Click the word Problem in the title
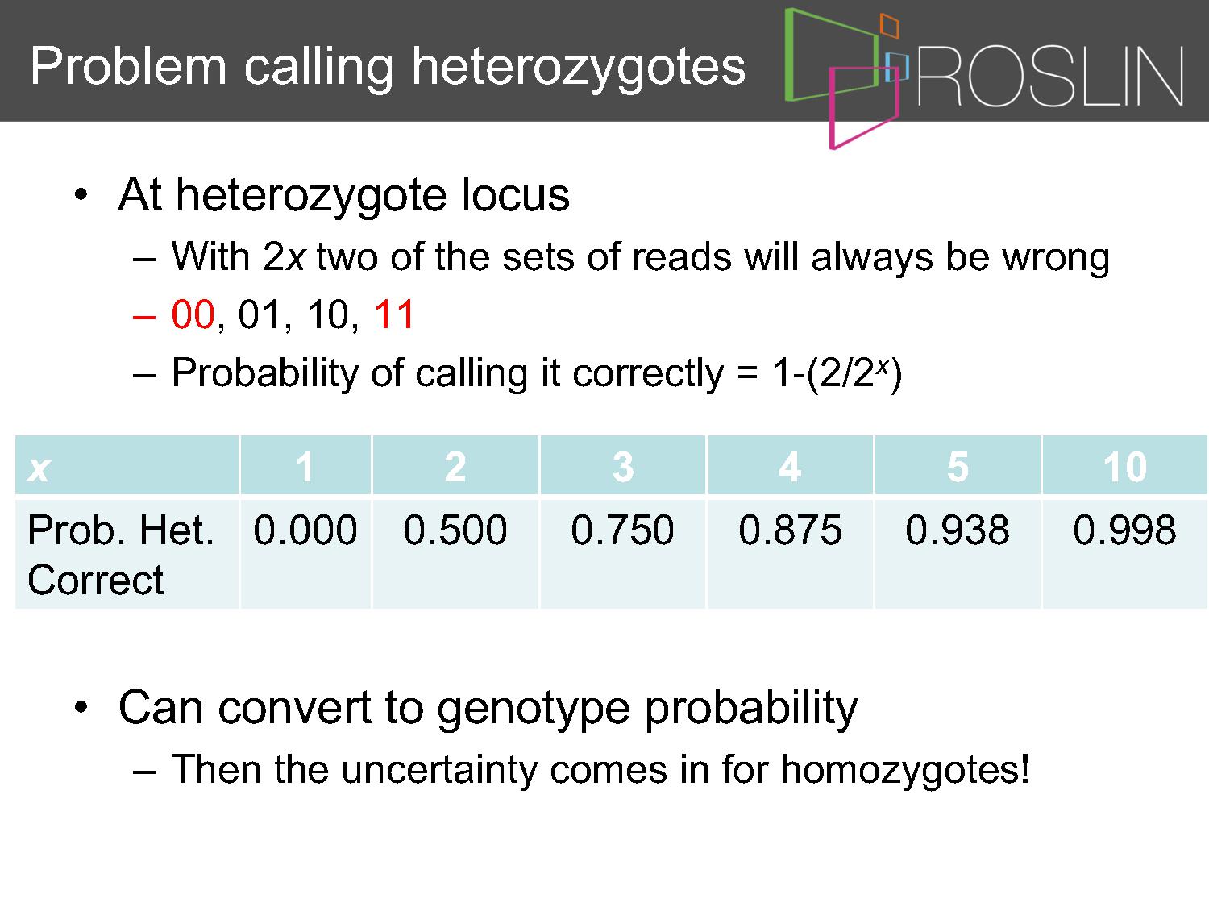click(128, 66)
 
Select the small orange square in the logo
click(889, 25)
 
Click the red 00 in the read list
click(192, 314)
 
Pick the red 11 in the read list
click(393, 314)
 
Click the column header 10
click(1124, 467)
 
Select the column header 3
click(623, 467)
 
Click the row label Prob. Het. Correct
click(120, 555)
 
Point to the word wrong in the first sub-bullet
click(1055, 258)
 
